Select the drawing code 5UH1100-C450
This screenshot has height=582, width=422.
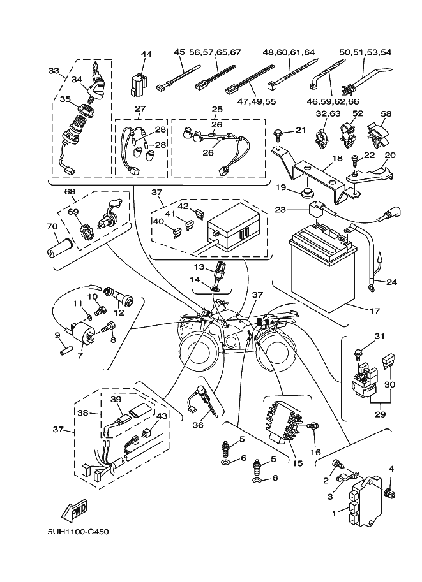[x=73, y=532]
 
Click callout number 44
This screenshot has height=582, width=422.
[x=146, y=54]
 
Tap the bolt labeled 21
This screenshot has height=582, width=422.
[x=279, y=133]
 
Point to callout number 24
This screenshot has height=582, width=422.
[x=391, y=281]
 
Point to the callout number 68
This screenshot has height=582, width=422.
[x=70, y=191]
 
